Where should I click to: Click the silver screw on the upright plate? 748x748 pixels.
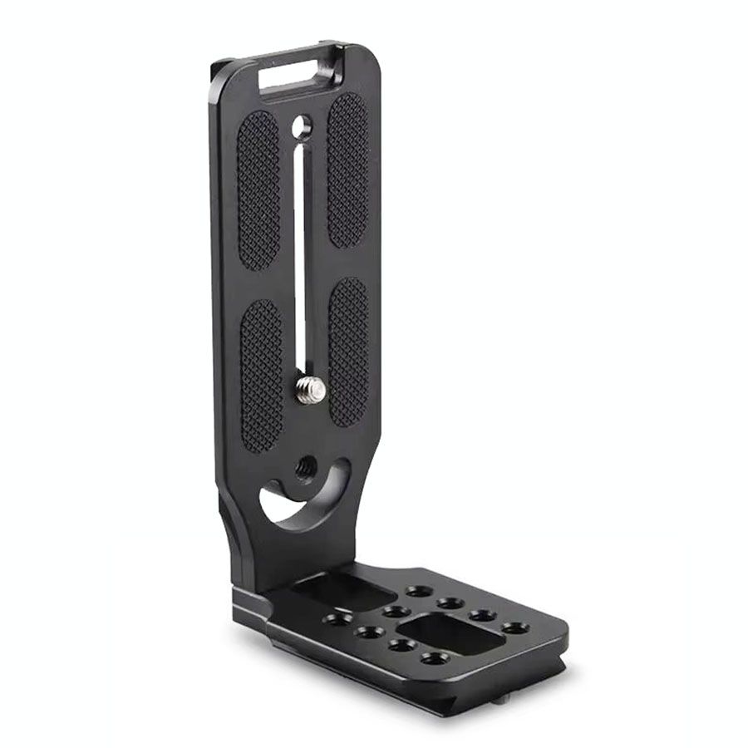click(x=309, y=388)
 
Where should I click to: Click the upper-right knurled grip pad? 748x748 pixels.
click(x=347, y=170)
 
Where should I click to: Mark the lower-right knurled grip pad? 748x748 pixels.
click(x=349, y=352)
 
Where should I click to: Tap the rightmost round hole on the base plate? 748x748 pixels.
click(x=515, y=627)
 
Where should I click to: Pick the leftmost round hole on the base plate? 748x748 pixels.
click(x=336, y=619)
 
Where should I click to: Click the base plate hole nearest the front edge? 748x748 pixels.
click(x=433, y=658)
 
